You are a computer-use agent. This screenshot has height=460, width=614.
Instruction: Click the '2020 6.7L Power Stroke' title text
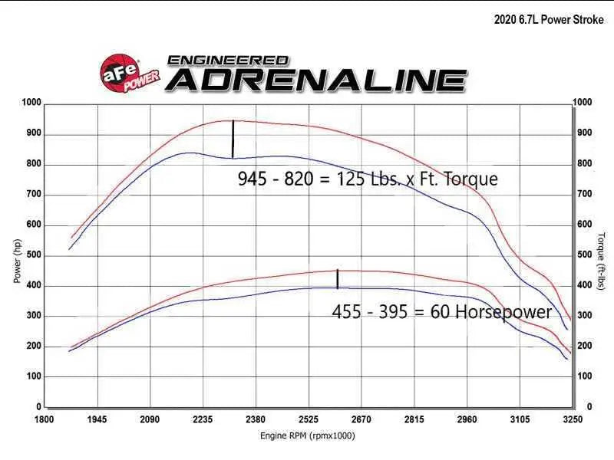tap(549, 20)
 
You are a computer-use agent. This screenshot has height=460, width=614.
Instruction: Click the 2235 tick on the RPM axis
tap(203, 419)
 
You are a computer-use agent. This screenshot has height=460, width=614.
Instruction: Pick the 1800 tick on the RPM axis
tap(45, 419)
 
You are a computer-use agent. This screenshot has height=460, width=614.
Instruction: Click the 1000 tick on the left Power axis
tap(31, 103)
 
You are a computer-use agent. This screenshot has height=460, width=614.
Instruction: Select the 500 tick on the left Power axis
tap(34, 255)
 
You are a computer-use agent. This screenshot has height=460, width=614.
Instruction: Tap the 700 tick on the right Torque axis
tap(584, 195)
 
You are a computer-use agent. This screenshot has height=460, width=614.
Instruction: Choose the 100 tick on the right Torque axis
tap(584, 376)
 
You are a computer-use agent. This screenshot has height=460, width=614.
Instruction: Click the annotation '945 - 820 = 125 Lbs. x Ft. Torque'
tap(368, 179)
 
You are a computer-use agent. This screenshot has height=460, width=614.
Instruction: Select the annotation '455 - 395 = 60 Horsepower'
tap(441, 312)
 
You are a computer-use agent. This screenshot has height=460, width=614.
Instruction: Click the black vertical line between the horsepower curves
tap(338, 279)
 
